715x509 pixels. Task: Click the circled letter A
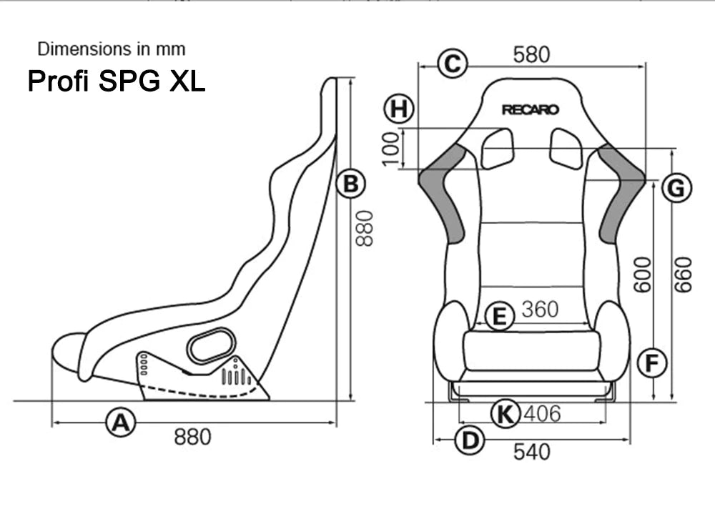click(121, 422)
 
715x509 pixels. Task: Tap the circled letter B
click(350, 184)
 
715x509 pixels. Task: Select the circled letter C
click(452, 64)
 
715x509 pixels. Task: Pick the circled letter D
click(469, 441)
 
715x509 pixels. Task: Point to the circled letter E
click(499, 315)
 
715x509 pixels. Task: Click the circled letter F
click(651, 364)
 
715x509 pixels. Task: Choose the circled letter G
click(676, 189)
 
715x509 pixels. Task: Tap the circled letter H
click(399, 109)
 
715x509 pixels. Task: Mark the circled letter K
click(506, 413)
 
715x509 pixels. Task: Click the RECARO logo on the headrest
click(530, 110)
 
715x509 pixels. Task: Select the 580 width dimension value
click(531, 54)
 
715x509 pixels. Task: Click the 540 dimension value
click(532, 452)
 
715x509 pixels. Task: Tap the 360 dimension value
click(540, 310)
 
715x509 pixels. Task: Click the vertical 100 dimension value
click(391, 148)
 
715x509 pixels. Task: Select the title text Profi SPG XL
click(116, 81)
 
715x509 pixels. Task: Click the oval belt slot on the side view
click(211, 346)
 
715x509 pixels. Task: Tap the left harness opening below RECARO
click(497, 148)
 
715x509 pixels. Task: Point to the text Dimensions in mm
click(112, 49)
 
